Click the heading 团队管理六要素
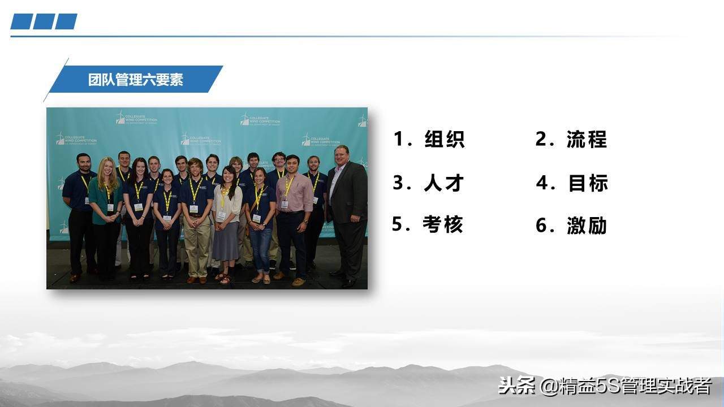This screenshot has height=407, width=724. [136, 80]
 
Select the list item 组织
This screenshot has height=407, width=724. [445, 139]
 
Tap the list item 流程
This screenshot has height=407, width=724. [587, 139]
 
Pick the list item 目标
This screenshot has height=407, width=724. [588, 183]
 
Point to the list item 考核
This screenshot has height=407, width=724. [443, 224]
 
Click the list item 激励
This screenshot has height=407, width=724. [587, 226]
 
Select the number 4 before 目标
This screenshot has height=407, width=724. [542, 183]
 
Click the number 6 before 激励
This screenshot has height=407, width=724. [542, 226]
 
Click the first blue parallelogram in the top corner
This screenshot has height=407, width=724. [21, 21]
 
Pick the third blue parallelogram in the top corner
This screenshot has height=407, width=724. [66, 21]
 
